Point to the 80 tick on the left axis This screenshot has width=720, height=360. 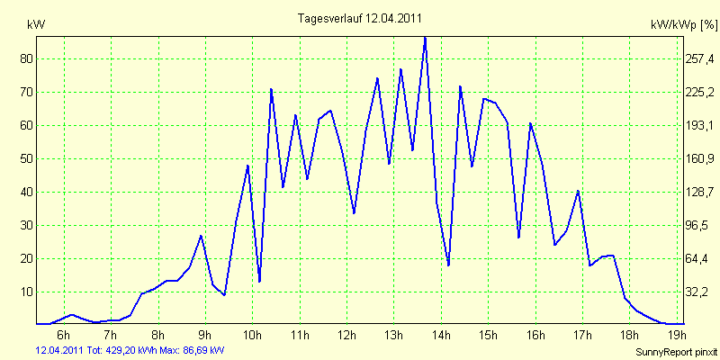click(x=26, y=58)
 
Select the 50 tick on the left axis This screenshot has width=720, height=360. click(x=26, y=158)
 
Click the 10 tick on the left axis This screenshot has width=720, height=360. click(x=26, y=292)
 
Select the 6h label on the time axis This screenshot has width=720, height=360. click(x=64, y=337)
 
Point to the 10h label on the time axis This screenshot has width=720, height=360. click(x=252, y=337)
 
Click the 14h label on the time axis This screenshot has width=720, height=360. click(x=441, y=337)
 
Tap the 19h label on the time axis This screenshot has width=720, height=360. click(x=676, y=337)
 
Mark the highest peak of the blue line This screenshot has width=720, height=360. click(x=425, y=37)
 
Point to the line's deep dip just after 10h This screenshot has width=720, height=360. click(x=259, y=282)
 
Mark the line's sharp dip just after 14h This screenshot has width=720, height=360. click(x=448, y=265)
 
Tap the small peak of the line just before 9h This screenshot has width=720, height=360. click(x=201, y=236)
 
